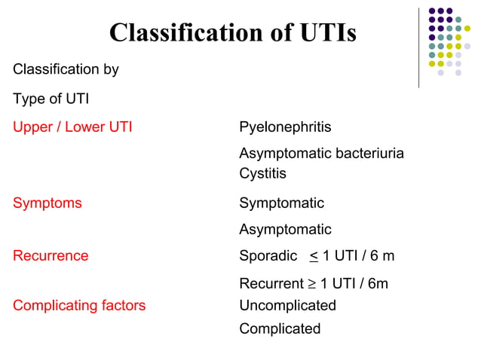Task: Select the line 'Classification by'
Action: pyautogui.click(x=66, y=70)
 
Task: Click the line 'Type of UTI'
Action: pyautogui.click(x=51, y=99)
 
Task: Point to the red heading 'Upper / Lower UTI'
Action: pyautogui.click(x=72, y=127)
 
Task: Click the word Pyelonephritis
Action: pyautogui.click(x=285, y=127)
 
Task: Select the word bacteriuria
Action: pyautogui.click(x=367, y=154)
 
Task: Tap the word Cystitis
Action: pyautogui.click(x=262, y=173)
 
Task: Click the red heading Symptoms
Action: pyautogui.click(x=47, y=203)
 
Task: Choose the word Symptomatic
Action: pyautogui.click(x=281, y=203)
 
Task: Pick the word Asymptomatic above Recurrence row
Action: pyautogui.click(x=285, y=230)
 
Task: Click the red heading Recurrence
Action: pyautogui.click(x=51, y=256)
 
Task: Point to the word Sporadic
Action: pyautogui.click(x=268, y=256)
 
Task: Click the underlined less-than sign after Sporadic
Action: pyautogui.click(x=313, y=257)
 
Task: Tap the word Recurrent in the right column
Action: pyautogui.click(x=270, y=284)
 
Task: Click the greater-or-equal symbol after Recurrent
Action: pyautogui.click(x=309, y=284)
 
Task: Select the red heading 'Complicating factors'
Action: pyautogui.click(x=79, y=306)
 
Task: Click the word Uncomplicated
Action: pyautogui.click(x=287, y=306)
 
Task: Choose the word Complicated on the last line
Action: pyautogui.click(x=280, y=329)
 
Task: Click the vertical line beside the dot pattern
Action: pyautogui.click(x=418, y=47)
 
